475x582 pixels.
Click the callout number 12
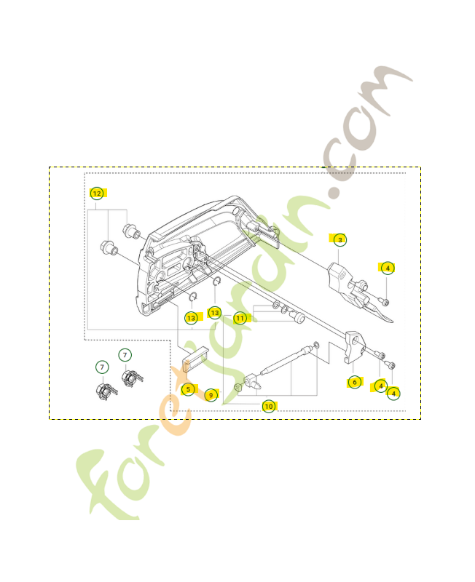point(96,194)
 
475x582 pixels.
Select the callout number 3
point(339,239)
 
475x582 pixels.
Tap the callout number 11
point(239,317)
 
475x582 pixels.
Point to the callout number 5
point(188,389)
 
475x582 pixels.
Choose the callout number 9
point(211,394)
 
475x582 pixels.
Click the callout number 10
point(269,406)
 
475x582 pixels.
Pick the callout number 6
point(354,382)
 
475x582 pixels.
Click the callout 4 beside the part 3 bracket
point(388,268)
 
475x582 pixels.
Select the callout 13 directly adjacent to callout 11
point(214,313)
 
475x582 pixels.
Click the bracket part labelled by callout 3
point(343,280)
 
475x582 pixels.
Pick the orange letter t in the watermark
point(182,393)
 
